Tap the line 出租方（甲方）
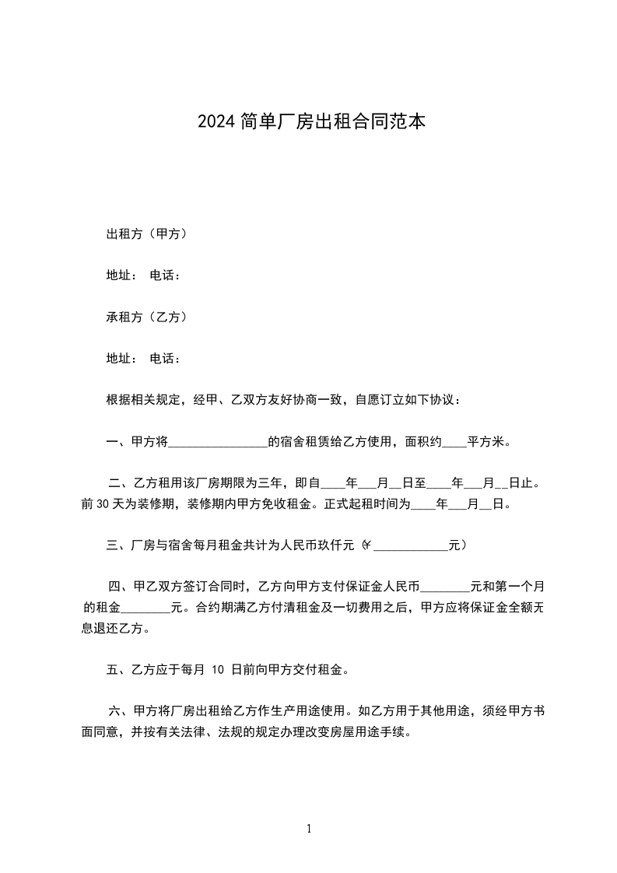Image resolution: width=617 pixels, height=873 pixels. pos(145,233)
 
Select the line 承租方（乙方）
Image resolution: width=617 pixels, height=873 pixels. pos(145,317)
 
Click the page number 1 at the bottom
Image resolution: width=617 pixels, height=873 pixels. pos(309,829)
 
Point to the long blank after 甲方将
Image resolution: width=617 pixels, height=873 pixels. pos(218,443)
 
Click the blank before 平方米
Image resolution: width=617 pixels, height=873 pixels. pos(454,443)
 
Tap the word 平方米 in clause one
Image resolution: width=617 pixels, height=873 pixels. pos(486,443)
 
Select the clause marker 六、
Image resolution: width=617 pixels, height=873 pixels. pos(119,711)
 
